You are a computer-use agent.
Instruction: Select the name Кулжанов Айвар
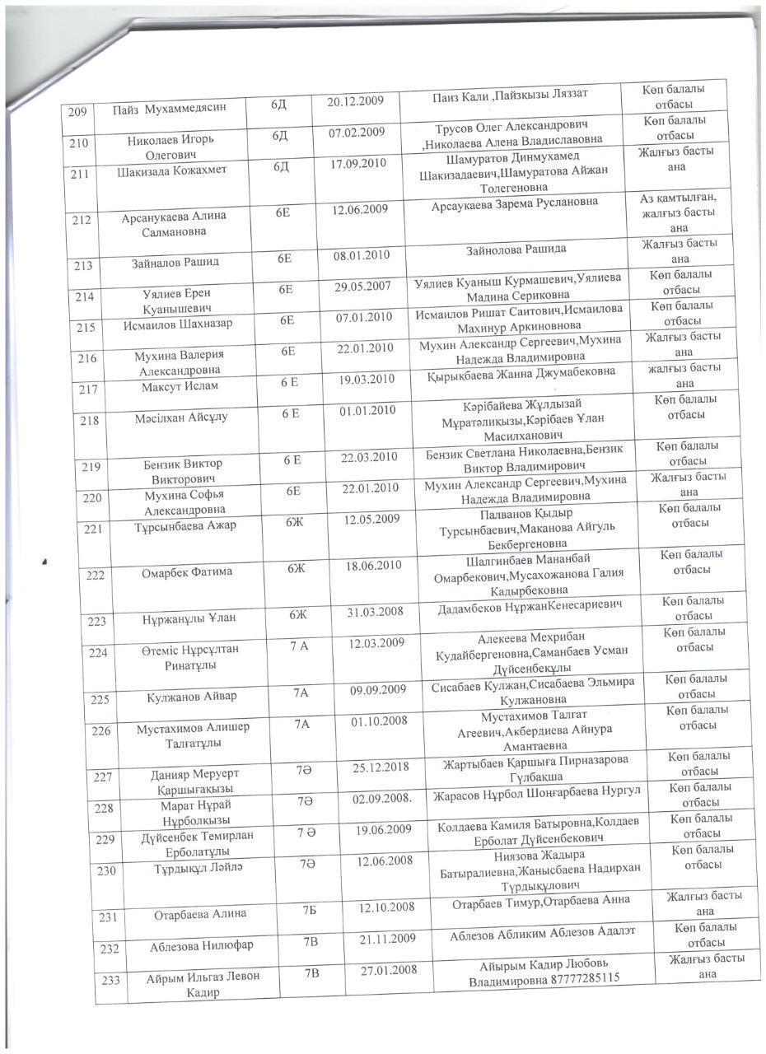[192, 697]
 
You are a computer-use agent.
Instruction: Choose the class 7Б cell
[310, 909]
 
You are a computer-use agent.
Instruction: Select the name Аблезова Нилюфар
[202, 946]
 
